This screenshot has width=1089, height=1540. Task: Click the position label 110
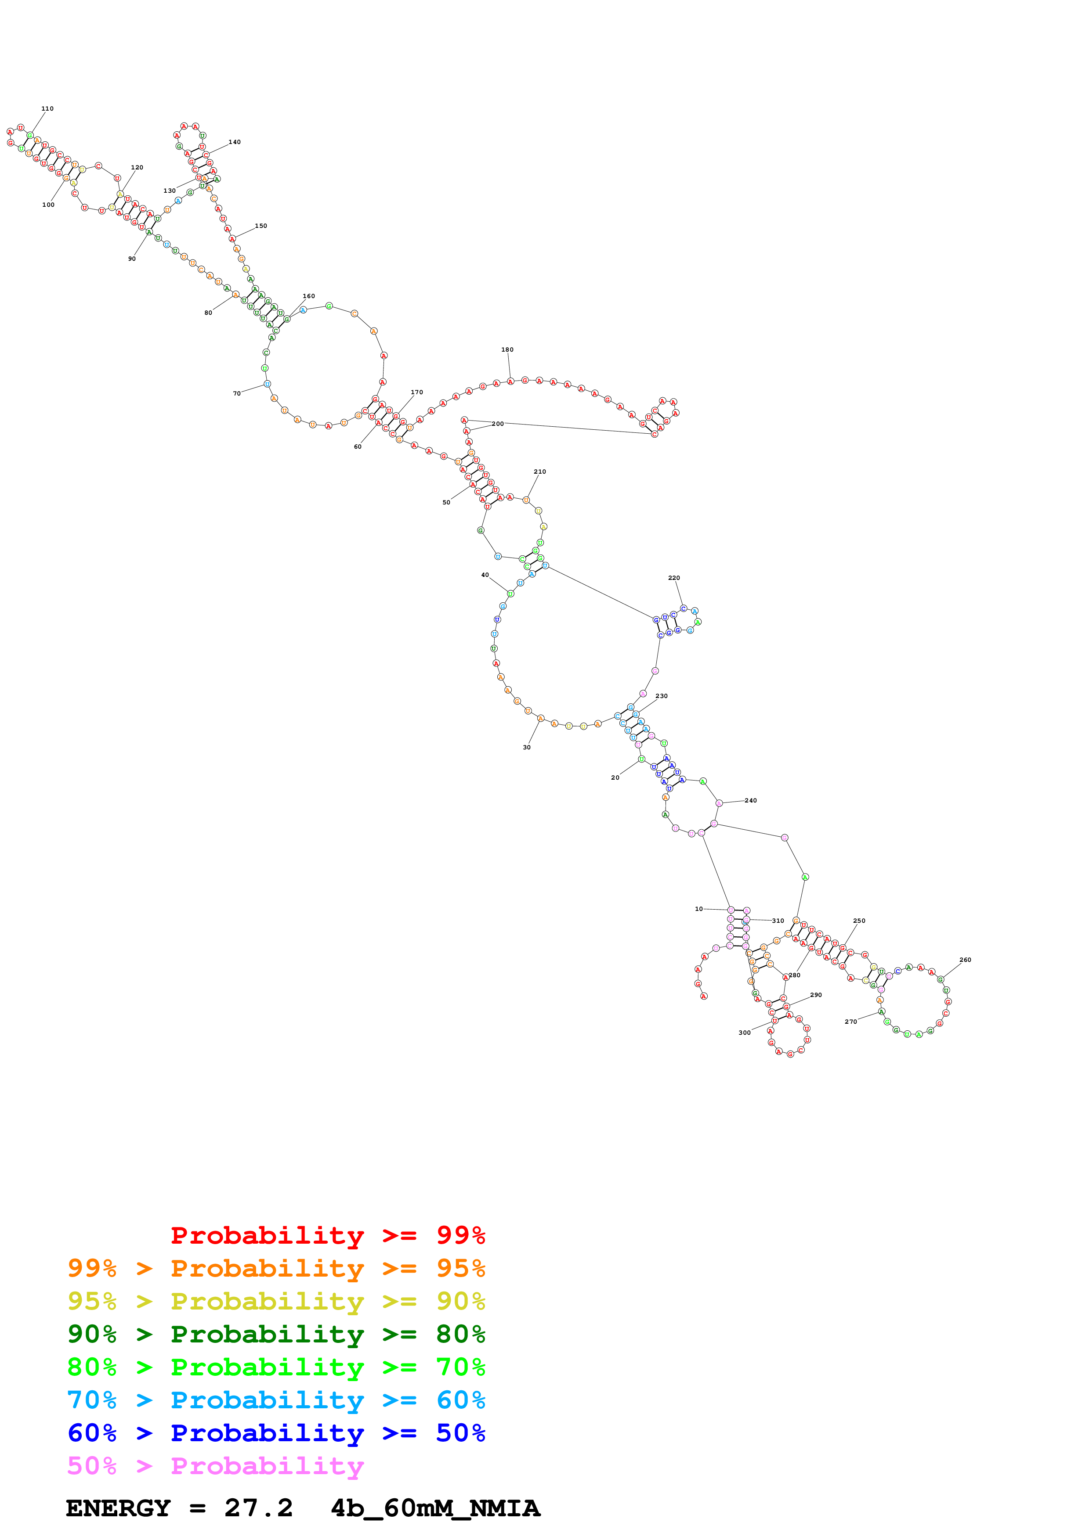click(x=47, y=109)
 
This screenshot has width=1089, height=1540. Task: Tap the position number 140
click(x=234, y=142)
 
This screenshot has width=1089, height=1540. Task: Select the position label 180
click(x=507, y=349)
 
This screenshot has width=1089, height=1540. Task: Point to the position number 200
click(x=497, y=424)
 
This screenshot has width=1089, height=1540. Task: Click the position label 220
click(x=674, y=578)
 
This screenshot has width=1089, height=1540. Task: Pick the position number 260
click(x=965, y=960)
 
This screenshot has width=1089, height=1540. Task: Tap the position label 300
click(x=744, y=1033)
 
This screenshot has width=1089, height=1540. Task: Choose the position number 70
click(x=237, y=394)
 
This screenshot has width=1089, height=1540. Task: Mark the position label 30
click(x=527, y=747)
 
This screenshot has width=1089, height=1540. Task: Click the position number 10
click(x=698, y=909)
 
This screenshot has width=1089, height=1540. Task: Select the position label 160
click(x=309, y=296)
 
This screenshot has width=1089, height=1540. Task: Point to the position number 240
click(x=750, y=800)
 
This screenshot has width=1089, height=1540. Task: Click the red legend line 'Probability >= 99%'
click(x=327, y=1235)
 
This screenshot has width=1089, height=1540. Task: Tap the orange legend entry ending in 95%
click(x=276, y=1268)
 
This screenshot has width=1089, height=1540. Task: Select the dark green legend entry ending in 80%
click(x=276, y=1334)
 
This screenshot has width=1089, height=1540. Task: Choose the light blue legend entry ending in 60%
click(x=276, y=1400)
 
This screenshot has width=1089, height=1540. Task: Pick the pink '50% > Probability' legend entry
click(x=215, y=1465)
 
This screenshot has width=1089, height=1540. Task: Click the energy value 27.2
click(x=258, y=1508)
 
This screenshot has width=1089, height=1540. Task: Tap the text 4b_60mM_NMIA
click(x=435, y=1508)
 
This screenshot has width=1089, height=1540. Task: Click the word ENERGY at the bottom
click(x=118, y=1508)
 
